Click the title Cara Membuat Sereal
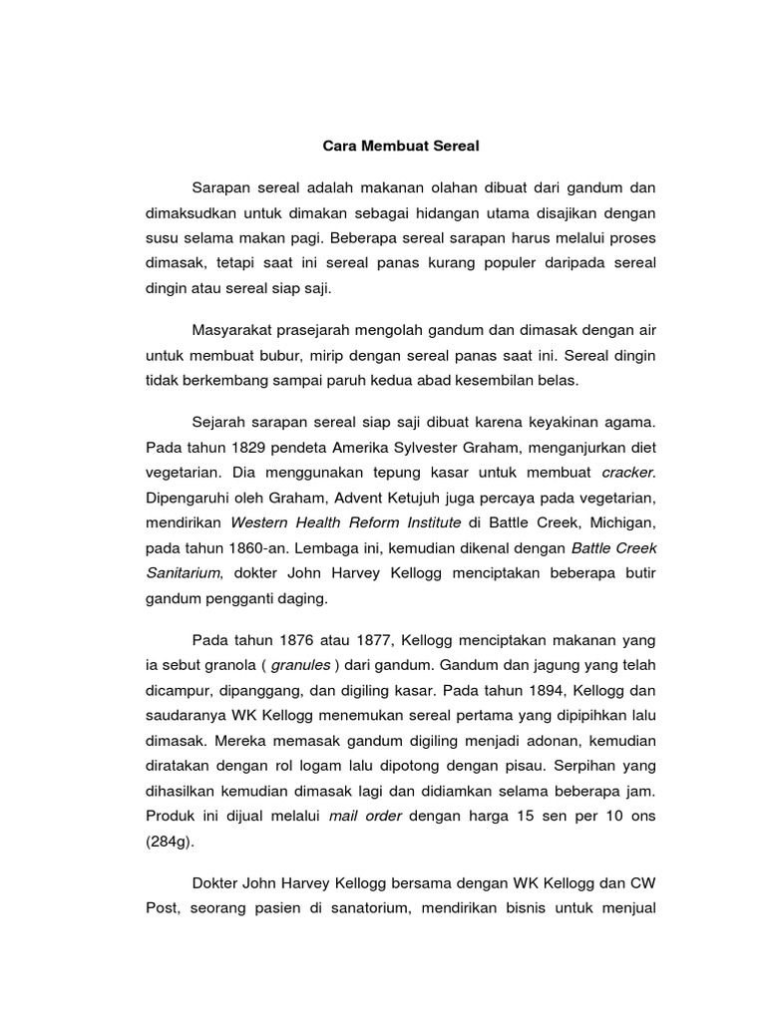[x=401, y=146]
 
